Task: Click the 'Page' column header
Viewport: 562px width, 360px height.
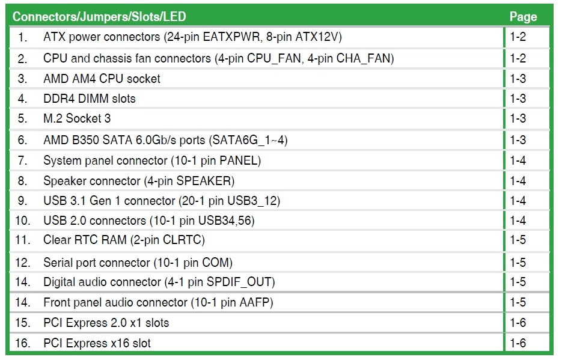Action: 522,16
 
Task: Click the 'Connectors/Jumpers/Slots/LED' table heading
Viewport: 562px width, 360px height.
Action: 99,16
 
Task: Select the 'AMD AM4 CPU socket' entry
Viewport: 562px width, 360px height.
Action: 102,78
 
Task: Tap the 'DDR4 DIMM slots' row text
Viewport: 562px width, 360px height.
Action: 90,99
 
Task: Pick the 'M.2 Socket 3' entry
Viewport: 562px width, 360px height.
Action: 77,119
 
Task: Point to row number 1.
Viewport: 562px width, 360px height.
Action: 23,37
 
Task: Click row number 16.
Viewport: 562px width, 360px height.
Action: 22,343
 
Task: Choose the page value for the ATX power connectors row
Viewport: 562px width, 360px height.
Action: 518,37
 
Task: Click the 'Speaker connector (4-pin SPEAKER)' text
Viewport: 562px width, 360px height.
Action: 139,180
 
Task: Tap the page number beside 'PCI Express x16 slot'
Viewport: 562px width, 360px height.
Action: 518,343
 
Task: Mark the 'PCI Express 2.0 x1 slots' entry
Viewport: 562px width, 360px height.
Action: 106,323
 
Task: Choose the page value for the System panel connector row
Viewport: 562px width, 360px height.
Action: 518,160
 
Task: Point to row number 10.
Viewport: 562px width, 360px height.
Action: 22,221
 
